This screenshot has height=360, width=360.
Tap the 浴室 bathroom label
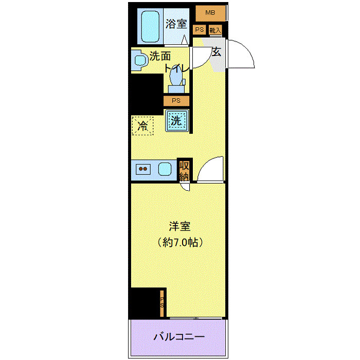coord(176,24)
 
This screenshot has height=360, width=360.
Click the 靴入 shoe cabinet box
coord(215,30)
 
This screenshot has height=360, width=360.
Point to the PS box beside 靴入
coord(200,30)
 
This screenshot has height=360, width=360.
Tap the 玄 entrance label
coord(217,51)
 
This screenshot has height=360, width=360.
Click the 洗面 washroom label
coord(160,56)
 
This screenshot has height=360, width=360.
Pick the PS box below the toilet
coord(176,101)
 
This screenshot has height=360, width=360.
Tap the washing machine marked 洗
coord(176,121)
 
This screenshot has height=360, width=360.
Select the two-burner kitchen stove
coord(142,169)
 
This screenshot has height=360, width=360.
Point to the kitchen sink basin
coord(165,169)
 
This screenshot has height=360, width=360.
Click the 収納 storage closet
coord(184,170)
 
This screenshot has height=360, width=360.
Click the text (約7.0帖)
coord(179,242)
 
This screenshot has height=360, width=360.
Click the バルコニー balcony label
coord(179,337)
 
